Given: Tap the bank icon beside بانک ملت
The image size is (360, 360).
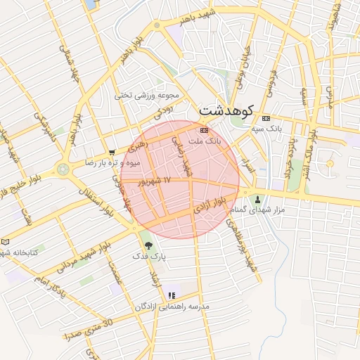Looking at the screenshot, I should pyautogui.click(x=204, y=130).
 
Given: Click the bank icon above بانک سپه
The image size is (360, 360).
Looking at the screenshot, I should pyautogui.click(x=266, y=118).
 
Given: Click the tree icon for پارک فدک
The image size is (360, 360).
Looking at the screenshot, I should pyautogui.click(x=148, y=245).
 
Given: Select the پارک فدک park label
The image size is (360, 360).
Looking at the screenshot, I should pyautogui.click(x=149, y=257).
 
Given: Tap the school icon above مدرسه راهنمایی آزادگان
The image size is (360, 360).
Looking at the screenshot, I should pyautogui.click(x=171, y=295).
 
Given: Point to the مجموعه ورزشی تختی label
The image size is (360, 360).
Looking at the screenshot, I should pyautogui.click(x=148, y=95).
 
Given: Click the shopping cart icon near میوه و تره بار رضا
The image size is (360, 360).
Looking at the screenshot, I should pyautogui.click(x=112, y=152).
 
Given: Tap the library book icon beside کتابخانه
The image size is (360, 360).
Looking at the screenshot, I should pyautogui.click(x=6, y=241).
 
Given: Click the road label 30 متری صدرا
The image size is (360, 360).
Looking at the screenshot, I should pyautogui.click(x=89, y=330).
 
